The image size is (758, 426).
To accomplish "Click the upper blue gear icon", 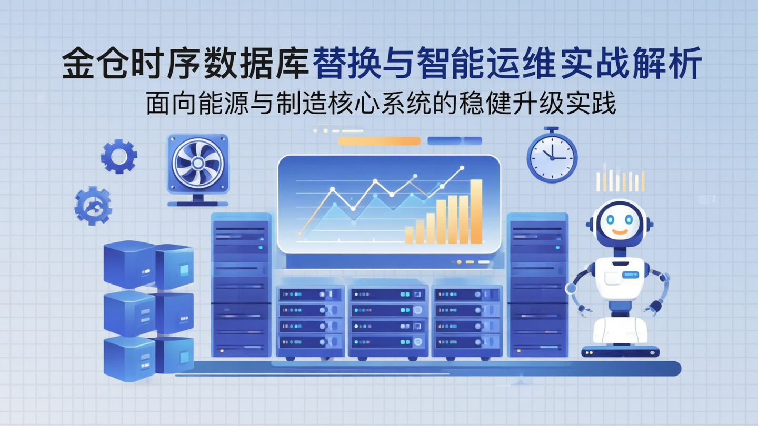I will click(x=119, y=156).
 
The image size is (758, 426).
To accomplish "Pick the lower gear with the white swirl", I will click(x=93, y=206).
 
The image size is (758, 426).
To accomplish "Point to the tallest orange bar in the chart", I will click(x=476, y=211).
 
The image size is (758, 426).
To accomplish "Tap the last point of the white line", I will click(x=462, y=168).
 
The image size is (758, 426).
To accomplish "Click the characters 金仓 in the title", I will click(x=93, y=64).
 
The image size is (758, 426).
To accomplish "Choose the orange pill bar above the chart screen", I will click(x=379, y=140).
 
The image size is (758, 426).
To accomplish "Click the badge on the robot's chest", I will click(x=630, y=274).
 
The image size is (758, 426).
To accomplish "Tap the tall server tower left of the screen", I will click(x=241, y=284).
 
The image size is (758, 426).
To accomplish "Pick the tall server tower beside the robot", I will click(x=537, y=284).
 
